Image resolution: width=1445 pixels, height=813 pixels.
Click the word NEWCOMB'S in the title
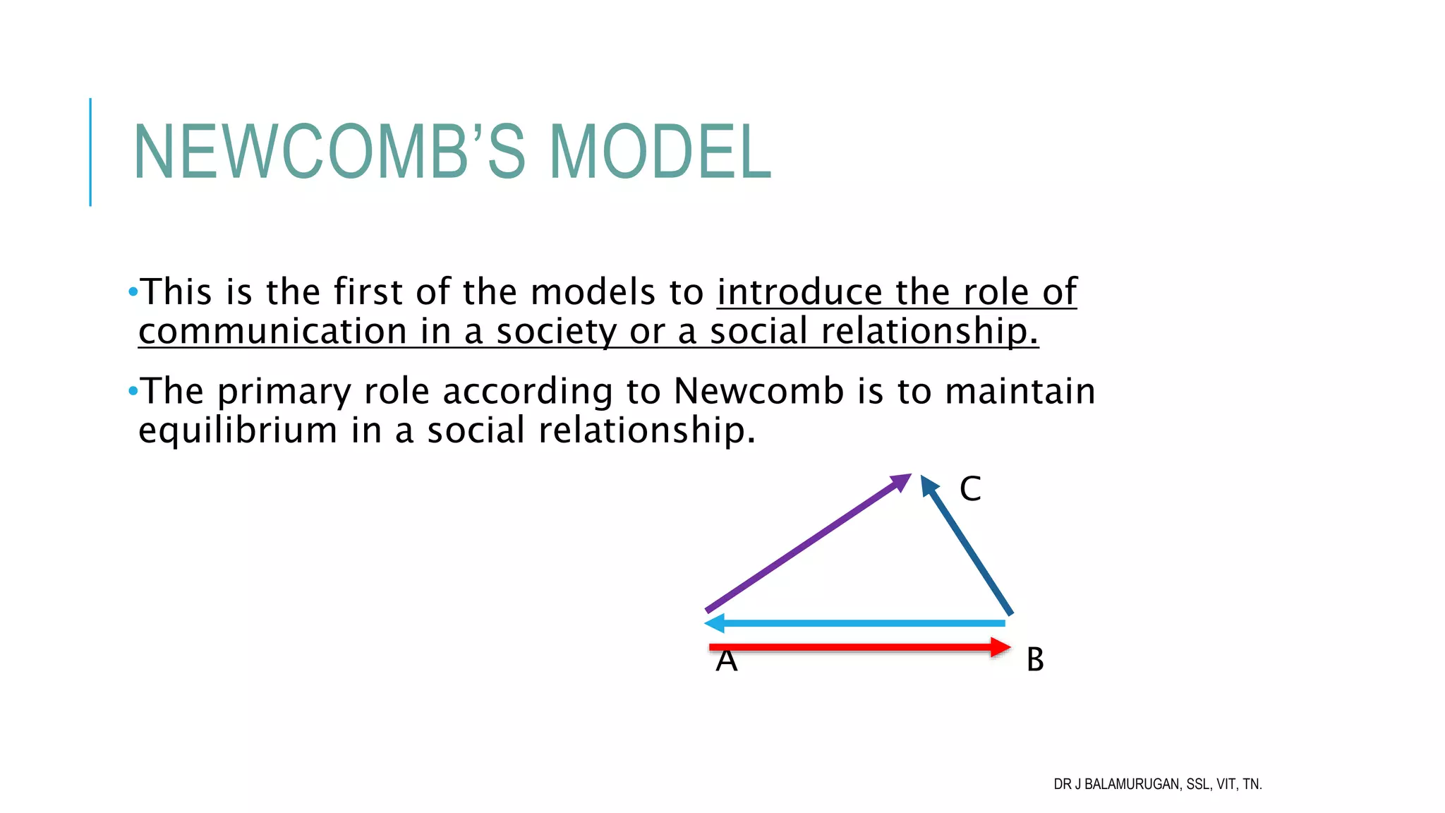click(329, 152)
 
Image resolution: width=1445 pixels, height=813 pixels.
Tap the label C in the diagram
click(970, 488)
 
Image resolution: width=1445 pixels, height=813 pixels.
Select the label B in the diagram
click(1035, 660)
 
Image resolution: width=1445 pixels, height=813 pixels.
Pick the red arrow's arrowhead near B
click(1000, 647)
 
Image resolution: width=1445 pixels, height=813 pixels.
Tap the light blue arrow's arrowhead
click(715, 623)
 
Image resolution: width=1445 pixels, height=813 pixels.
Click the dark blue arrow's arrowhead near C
click(929, 486)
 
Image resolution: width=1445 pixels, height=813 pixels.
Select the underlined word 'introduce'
click(799, 292)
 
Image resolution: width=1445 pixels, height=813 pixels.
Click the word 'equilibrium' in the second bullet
click(238, 430)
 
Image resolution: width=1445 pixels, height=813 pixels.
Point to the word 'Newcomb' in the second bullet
click(758, 391)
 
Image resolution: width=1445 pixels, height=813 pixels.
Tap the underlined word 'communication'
click(272, 332)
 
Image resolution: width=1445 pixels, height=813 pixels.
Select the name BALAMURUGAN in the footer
click(1131, 784)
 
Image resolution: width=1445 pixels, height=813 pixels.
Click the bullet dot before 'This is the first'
click(133, 291)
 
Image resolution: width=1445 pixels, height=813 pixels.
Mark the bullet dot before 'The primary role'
click(133, 390)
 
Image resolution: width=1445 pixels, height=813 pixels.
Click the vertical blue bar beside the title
click(90, 152)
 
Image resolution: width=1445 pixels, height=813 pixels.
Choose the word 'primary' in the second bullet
click(284, 392)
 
